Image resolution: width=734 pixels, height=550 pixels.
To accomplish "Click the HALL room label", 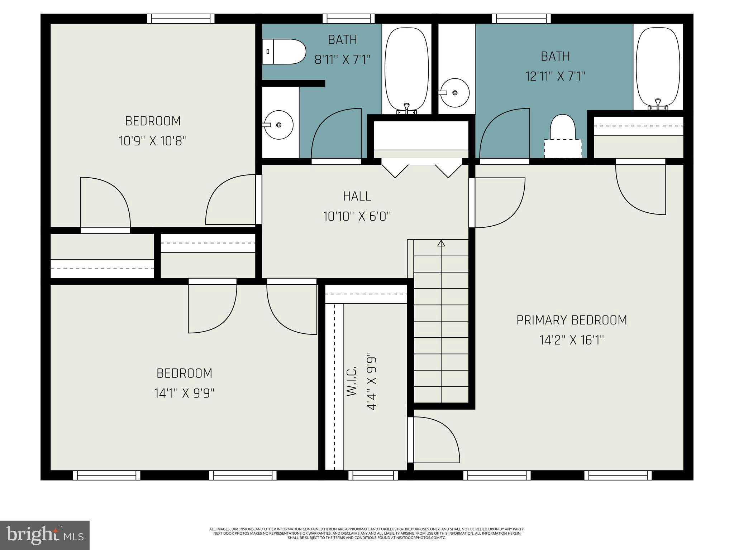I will coord(357,196).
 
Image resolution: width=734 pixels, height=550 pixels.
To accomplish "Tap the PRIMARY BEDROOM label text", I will coord(571,320).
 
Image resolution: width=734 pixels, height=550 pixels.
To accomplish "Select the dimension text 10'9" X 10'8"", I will coord(153,141).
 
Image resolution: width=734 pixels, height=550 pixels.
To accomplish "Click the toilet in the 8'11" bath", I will coord(284,52).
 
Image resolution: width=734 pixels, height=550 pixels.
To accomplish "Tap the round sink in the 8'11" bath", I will coord(278,125).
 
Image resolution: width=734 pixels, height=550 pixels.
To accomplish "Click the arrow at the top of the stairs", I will coord(441,243).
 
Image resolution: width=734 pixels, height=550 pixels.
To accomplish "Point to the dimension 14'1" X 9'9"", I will coord(184,393).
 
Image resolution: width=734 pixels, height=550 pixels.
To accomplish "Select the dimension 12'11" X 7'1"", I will coord(555,76).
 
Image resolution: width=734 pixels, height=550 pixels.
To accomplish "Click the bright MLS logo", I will coord(45,535).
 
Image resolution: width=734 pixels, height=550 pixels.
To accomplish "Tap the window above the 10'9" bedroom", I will coord(181,19).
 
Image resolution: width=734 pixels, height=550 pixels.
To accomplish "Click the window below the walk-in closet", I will coord(373,475).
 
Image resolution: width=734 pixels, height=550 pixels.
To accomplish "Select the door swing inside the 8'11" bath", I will coord(336,134).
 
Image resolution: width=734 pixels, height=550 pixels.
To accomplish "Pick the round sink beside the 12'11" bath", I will coord(454,93).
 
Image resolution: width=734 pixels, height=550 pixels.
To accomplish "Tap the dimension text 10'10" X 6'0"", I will coord(357,216).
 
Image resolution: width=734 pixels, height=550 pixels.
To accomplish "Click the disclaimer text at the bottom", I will coord(367,533).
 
